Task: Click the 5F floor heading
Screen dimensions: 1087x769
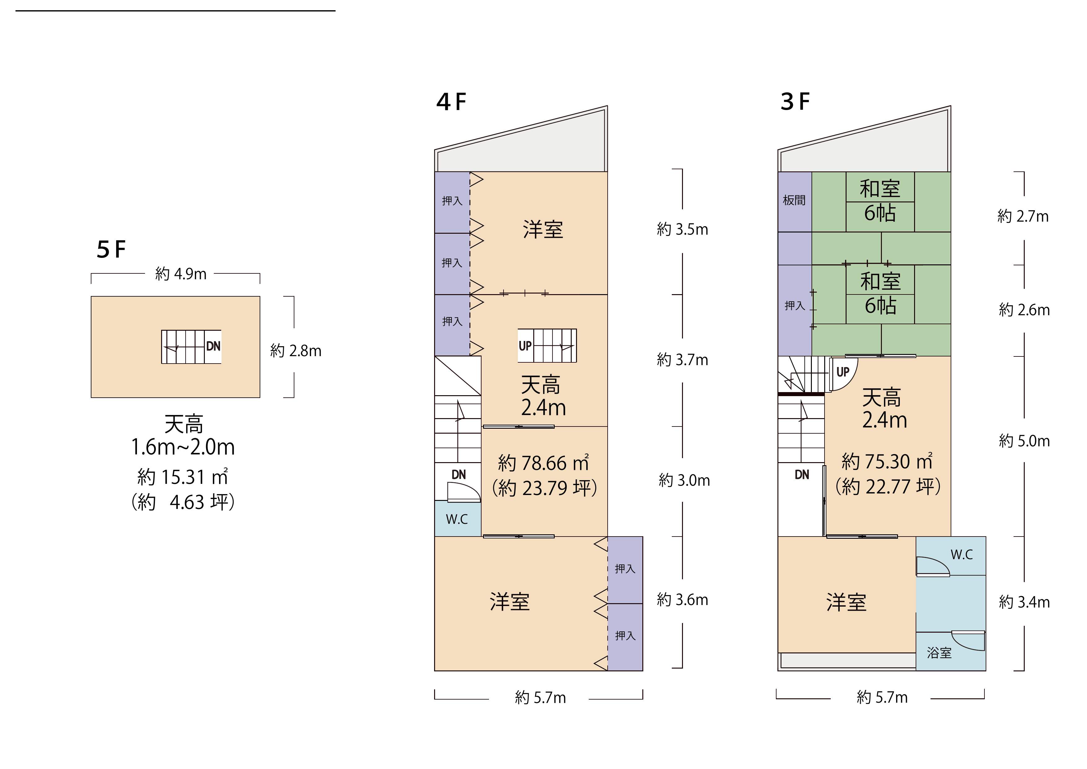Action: click(x=111, y=249)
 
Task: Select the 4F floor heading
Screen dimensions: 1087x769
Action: click(x=451, y=102)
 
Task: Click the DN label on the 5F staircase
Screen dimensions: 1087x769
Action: click(x=213, y=346)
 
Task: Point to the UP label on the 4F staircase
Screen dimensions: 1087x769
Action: click(x=525, y=346)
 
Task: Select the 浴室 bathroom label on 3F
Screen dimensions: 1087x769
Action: click(x=939, y=653)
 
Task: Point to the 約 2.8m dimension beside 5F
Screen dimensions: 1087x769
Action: click(x=296, y=351)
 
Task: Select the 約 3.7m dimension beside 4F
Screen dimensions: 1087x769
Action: click(x=682, y=360)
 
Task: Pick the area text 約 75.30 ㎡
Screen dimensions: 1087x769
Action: click(x=887, y=461)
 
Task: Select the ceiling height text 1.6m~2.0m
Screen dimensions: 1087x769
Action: click(x=183, y=447)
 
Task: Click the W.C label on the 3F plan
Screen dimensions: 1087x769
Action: click(x=962, y=555)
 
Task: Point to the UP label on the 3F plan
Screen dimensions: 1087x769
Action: click(x=843, y=372)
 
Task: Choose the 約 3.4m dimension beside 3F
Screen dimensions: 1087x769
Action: click(x=1024, y=602)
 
